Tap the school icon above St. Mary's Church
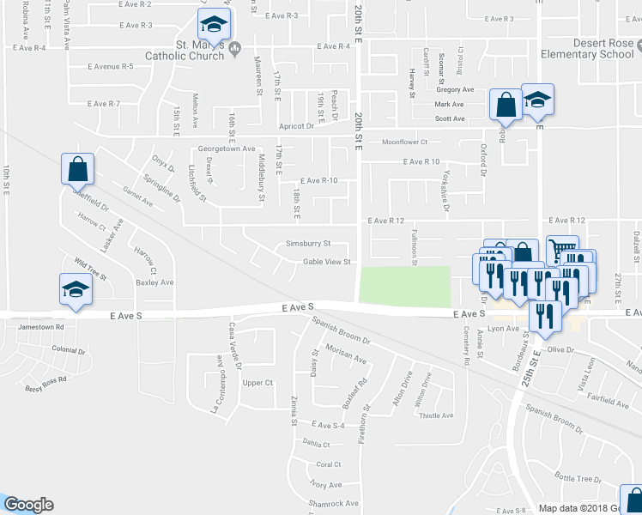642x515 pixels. pyautogui.click(x=215, y=25)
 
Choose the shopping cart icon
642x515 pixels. pyautogui.click(x=561, y=250)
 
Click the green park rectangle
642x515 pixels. pyautogui.click(x=404, y=286)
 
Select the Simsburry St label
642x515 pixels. pyautogui.click(x=308, y=244)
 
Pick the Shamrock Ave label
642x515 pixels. pyautogui.click(x=334, y=503)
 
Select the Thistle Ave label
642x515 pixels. pyautogui.click(x=435, y=415)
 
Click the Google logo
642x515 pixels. pyautogui.click(x=28, y=505)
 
